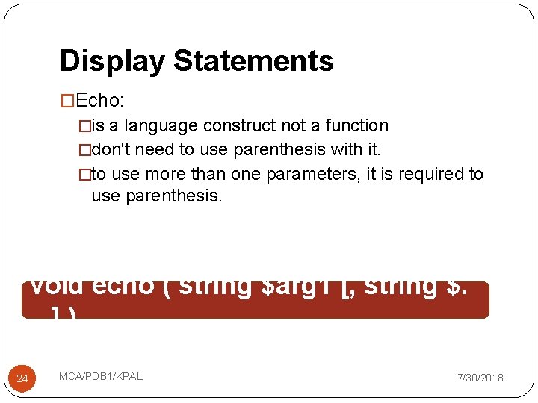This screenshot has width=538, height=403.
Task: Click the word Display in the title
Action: [x=113, y=61]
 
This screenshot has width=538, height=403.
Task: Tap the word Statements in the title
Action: [x=253, y=61]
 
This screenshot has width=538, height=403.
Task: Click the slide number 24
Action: [x=22, y=379]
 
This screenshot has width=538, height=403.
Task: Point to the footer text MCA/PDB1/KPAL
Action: [x=101, y=376]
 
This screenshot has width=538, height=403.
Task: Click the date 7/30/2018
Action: [x=480, y=378]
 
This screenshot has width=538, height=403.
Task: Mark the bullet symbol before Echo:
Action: [x=68, y=101]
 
